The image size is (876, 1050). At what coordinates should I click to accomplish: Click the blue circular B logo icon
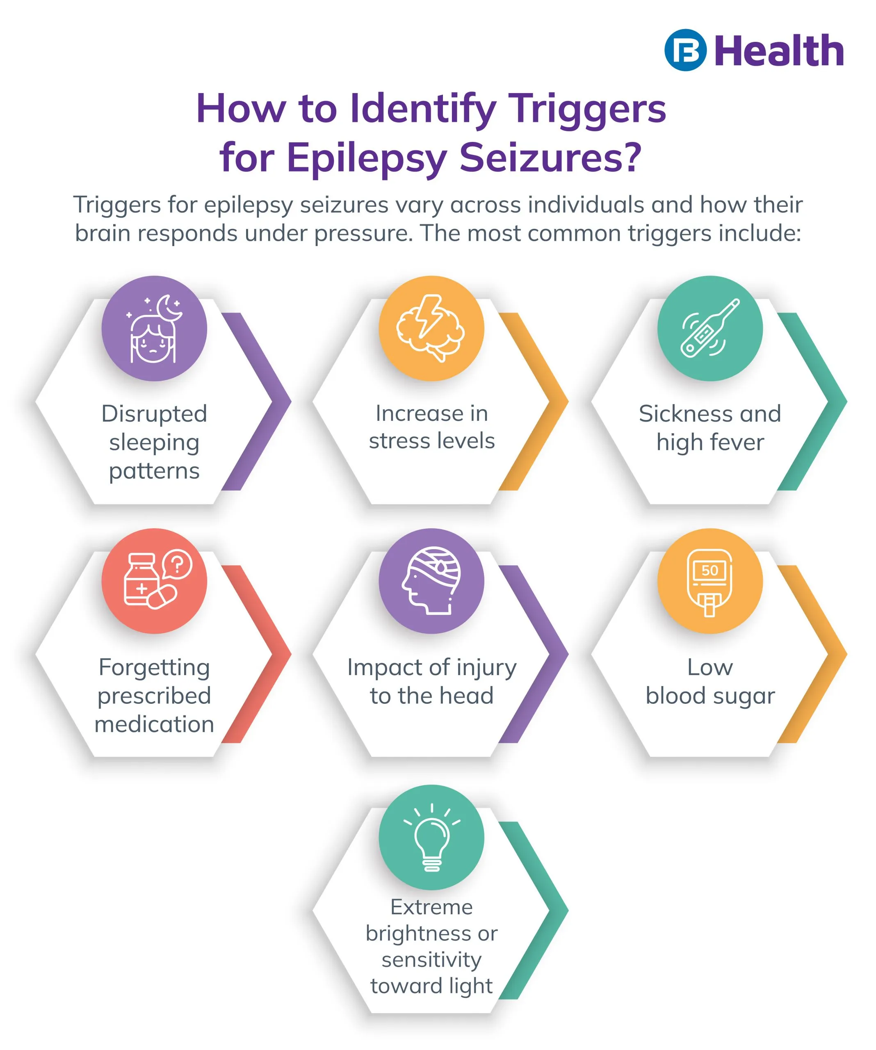pos(685,50)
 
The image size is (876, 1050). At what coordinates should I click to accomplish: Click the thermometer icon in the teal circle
pos(709,328)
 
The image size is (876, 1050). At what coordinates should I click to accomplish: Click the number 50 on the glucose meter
pos(709,571)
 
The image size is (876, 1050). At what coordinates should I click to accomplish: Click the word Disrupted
pos(154,414)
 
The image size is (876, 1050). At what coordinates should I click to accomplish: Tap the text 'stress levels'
pos(431,441)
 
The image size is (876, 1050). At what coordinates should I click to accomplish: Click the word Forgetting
pos(154,667)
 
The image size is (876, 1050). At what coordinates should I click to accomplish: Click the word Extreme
pos(431,906)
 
